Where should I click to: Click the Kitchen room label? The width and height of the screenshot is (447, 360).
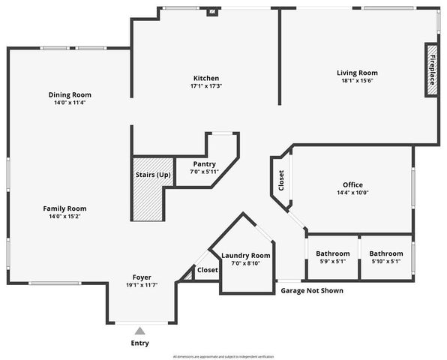point(205,78)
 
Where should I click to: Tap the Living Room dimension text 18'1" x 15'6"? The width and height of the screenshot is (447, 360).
point(356,81)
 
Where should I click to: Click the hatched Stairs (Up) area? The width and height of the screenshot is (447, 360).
point(148,189)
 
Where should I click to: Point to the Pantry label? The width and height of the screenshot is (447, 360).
point(204,163)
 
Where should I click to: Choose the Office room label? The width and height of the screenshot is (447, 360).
point(352,184)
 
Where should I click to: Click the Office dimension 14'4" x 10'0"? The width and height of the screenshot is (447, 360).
point(352,192)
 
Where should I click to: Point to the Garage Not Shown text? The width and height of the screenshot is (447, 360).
point(312,290)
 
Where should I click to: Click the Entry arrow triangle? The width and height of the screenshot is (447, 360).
point(139,330)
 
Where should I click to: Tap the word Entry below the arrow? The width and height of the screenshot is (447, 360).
point(139,343)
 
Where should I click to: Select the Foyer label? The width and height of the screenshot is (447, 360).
point(142,277)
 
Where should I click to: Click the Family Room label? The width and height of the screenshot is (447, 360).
point(64,208)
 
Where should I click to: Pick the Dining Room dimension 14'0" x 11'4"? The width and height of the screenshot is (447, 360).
point(70,103)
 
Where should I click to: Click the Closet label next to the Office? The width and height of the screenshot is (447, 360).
point(281,181)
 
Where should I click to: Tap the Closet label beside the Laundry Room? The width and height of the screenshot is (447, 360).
point(208,269)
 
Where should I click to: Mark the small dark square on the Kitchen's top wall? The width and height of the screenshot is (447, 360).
point(212,11)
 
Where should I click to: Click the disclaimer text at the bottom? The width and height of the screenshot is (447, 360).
point(223,356)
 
